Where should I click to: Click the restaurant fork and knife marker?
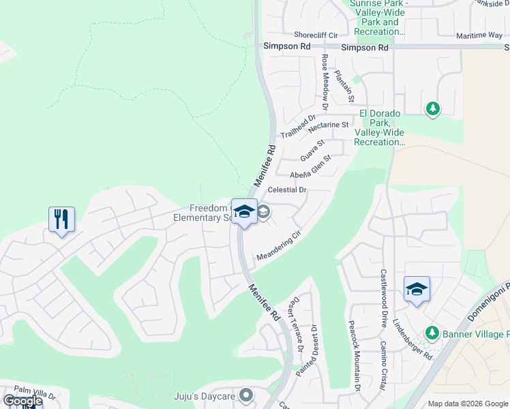coord(61,219)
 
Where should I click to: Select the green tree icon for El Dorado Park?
coord(432,108)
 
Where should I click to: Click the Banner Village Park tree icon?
coord(432,333)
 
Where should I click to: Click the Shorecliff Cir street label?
coord(316,35)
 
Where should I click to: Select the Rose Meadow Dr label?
coord(325,82)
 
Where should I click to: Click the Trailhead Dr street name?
coord(299,127)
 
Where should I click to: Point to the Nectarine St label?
coord(328,126)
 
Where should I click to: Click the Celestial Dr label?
coord(288,190)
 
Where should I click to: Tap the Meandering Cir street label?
coord(278,246)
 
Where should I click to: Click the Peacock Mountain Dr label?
coord(354,356)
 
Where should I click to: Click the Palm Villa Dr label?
coord(34,393)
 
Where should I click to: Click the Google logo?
coord(22,402)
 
